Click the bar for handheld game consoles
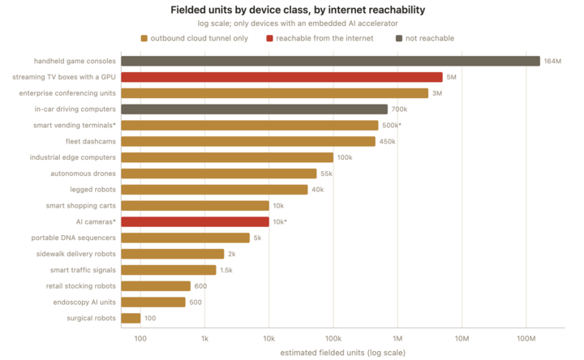coord(330,61)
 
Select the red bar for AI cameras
coord(195,222)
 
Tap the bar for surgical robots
coord(131,319)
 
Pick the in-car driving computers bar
coord(254,109)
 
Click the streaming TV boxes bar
coord(281,77)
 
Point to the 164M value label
coord(552,61)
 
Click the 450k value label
coord(388,141)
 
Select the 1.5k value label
coord(226,270)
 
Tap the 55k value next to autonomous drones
coord(326,174)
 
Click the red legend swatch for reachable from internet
coord(269,38)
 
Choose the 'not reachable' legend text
coord(430,38)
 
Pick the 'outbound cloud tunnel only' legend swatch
coord(144,38)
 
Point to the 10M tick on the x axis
coord(462,338)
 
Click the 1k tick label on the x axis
coord(204,338)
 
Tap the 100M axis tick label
coord(526,338)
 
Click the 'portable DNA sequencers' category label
coord(73,238)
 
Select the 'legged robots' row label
coord(92,190)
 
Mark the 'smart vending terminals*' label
coord(75,126)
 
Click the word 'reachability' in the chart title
coord(397,10)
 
